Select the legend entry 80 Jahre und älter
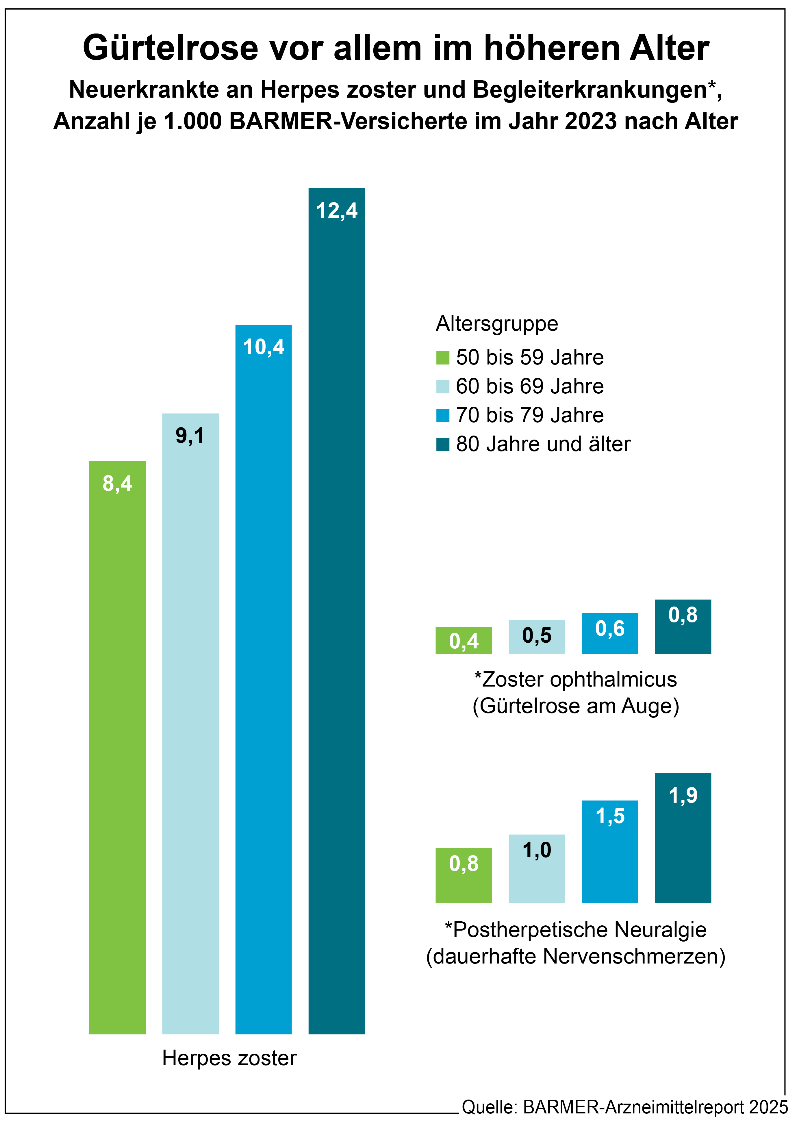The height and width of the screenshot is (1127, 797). pos(543,444)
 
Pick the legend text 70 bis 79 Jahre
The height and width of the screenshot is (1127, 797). pos(529,415)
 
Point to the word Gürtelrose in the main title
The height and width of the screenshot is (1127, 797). pos(170,48)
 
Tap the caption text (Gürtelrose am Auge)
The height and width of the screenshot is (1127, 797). pos(576,706)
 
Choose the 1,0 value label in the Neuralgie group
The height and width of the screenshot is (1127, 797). pos(537,850)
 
